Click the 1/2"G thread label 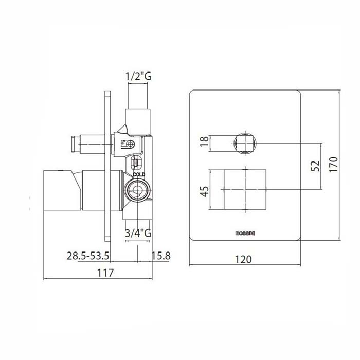coord(138,77)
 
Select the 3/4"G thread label coord(138,232)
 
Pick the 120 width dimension coord(244,259)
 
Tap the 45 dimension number coord(205,191)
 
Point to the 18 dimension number coord(205,141)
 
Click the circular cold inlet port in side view coord(136,193)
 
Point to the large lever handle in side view coord(64,191)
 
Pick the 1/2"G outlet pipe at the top coord(138,103)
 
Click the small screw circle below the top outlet coord(130,146)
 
